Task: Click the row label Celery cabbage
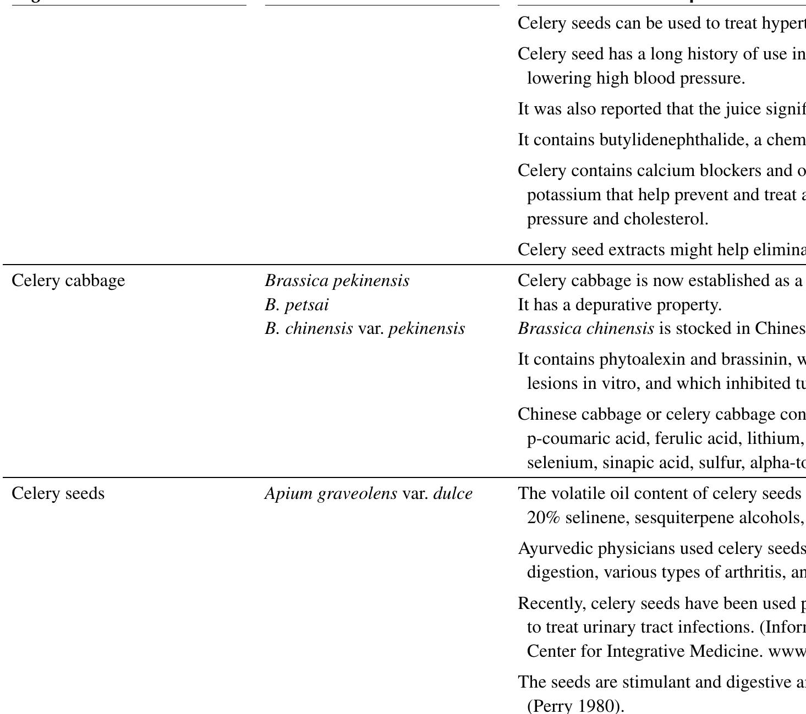coord(68,281)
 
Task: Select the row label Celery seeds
coord(58,493)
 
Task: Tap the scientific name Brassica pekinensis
coord(337,281)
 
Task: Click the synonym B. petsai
coord(297,305)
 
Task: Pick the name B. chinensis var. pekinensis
coord(365,329)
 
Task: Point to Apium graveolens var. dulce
coord(368,493)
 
